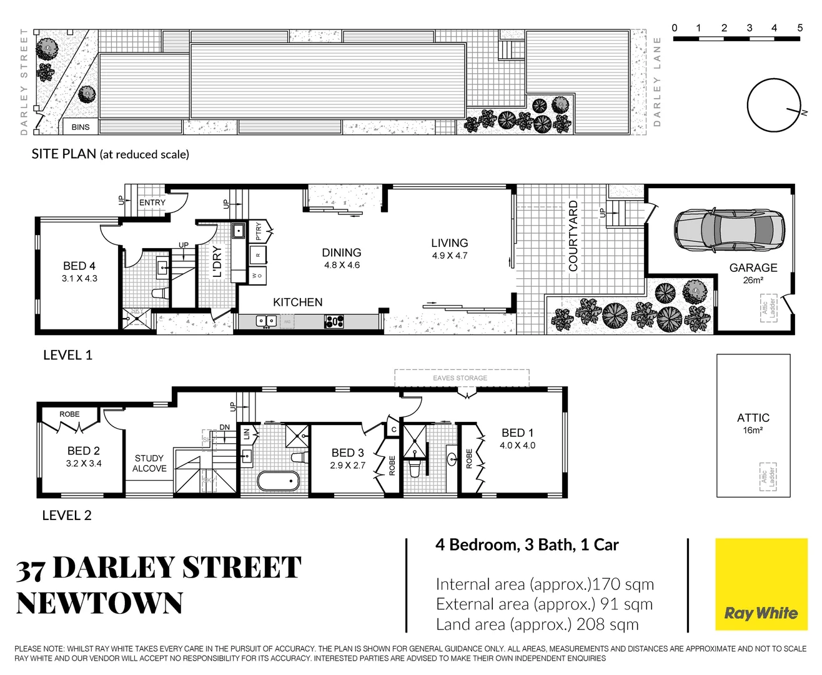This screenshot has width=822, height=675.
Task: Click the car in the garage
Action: click(x=729, y=229)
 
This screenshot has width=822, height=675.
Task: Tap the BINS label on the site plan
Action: click(x=81, y=127)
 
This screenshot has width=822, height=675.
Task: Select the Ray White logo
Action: click(x=761, y=585)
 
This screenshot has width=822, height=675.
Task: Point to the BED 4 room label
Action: click(x=79, y=266)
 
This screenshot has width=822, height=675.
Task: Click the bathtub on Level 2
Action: click(x=279, y=481)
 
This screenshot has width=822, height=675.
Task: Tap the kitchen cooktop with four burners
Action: click(x=334, y=321)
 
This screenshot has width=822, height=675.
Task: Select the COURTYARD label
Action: click(x=573, y=236)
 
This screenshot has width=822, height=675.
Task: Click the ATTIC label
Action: click(x=753, y=417)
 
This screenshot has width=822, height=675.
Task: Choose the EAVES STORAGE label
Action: click(x=460, y=378)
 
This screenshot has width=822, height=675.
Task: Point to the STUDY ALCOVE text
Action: click(x=149, y=463)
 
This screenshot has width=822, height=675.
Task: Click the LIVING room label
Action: click(x=449, y=243)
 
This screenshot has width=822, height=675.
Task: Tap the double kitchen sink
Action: click(x=267, y=321)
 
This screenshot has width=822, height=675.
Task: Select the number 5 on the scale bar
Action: click(x=800, y=27)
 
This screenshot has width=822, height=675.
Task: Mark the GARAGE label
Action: click(x=753, y=267)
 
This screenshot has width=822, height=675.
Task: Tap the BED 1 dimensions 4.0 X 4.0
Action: click(x=517, y=446)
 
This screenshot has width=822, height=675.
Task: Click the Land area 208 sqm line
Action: click(x=537, y=624)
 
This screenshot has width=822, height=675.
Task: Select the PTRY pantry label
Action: click(x=259, y=231)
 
